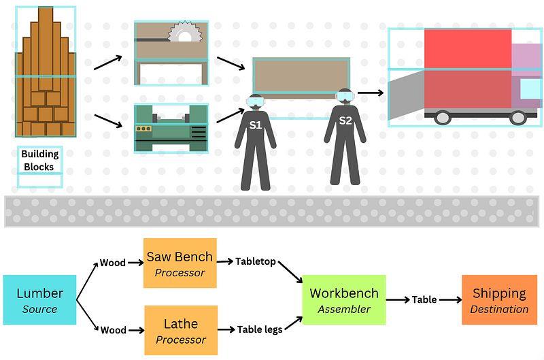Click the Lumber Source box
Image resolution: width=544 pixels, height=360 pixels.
coord(39,300)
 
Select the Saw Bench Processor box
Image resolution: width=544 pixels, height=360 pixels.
coord(180,263)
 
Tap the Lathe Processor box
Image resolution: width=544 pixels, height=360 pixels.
coord(180,330)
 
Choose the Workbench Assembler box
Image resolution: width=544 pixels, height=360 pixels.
coord(343,300)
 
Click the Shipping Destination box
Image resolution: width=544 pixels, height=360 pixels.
coord(499,300)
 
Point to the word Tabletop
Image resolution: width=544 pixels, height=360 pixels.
coord(256,261)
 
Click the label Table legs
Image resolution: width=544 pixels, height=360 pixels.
coord(260,329)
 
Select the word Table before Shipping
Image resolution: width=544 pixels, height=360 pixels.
coord(424,299)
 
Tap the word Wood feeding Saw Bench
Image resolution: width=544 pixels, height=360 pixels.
coord(113,262)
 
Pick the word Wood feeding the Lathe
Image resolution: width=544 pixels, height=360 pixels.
coord(113,330)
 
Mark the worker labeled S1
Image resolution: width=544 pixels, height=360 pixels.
coord(255,143)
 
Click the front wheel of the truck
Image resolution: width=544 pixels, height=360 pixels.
coord(518,117)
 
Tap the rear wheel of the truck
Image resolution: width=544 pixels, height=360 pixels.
coord(443,117)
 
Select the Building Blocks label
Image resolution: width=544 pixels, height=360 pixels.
coord(39,161)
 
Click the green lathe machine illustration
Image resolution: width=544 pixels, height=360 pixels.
coord(171,128)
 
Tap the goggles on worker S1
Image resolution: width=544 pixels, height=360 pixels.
coord(256,103)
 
